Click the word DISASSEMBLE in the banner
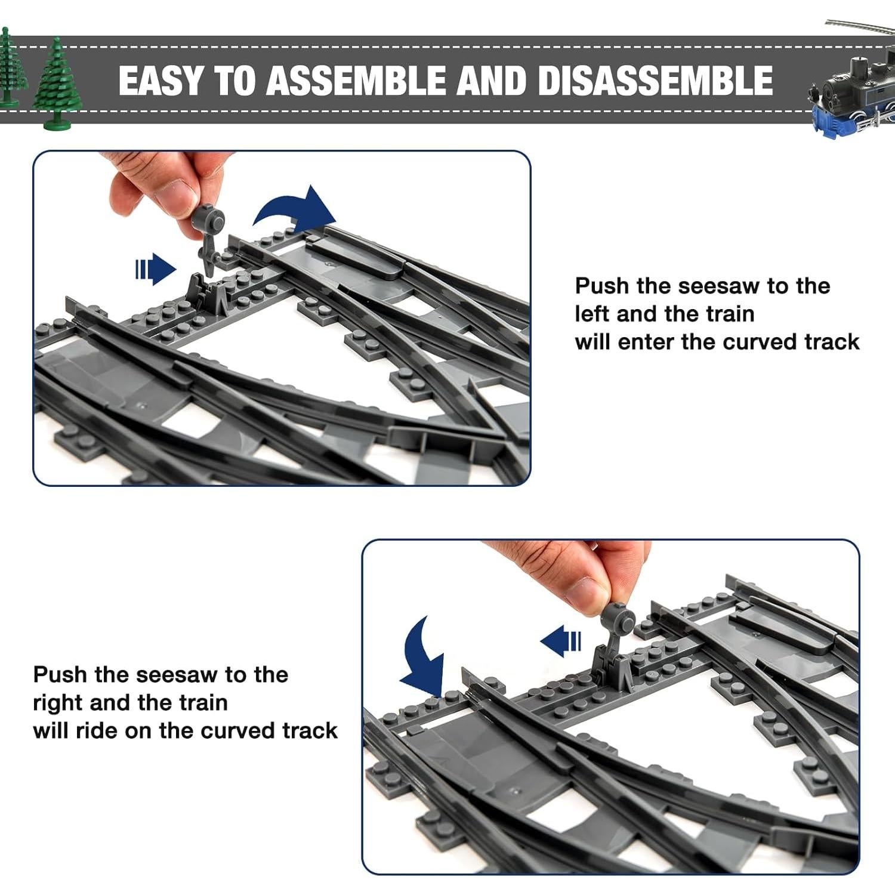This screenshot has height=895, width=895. [655, 81]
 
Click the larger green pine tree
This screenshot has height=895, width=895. [57, 84]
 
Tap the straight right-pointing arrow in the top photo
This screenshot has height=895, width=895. [155, 268]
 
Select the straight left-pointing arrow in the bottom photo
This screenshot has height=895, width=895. [561, 641]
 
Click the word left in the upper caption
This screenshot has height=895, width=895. [592, 314]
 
